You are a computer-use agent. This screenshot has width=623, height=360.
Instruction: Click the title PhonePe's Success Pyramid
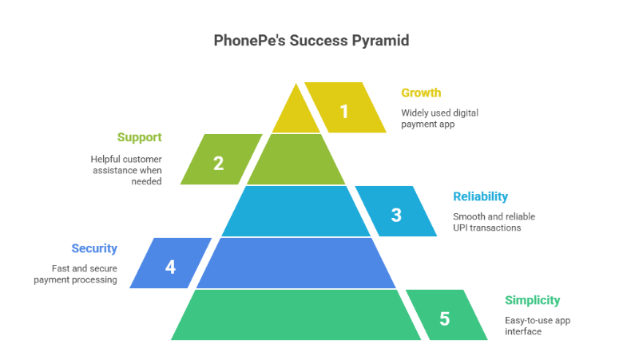click(311, 41)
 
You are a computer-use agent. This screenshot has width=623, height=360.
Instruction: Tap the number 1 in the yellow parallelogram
click(344, 111)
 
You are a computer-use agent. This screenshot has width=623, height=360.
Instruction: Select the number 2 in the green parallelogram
click(218, 164)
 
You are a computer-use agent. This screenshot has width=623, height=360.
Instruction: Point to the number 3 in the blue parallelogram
click(396, 215)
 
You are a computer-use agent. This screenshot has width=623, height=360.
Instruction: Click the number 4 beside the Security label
click(170, 267)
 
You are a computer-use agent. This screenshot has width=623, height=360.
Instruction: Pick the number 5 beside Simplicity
click(444, 318)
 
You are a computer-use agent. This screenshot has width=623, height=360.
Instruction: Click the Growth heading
click(420, 93)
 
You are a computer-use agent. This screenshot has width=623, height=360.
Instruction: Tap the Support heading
click(140, 137)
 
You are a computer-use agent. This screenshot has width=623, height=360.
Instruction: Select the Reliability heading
click(480, 196)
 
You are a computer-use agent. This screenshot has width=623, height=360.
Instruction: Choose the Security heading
click(94, 248)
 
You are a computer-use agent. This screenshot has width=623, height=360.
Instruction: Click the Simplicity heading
click(532, 300)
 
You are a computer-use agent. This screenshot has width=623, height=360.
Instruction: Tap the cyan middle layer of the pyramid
click(296, 211)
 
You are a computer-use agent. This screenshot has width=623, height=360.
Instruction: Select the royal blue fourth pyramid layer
click(296, 263)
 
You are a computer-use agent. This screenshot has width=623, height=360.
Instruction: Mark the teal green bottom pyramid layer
click(296, 315)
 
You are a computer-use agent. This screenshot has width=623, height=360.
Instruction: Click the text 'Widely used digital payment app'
click(439, 118)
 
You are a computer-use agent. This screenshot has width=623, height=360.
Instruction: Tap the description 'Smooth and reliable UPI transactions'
click(494, 222)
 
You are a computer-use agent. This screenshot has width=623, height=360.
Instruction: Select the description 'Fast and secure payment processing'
click(77, 274)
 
